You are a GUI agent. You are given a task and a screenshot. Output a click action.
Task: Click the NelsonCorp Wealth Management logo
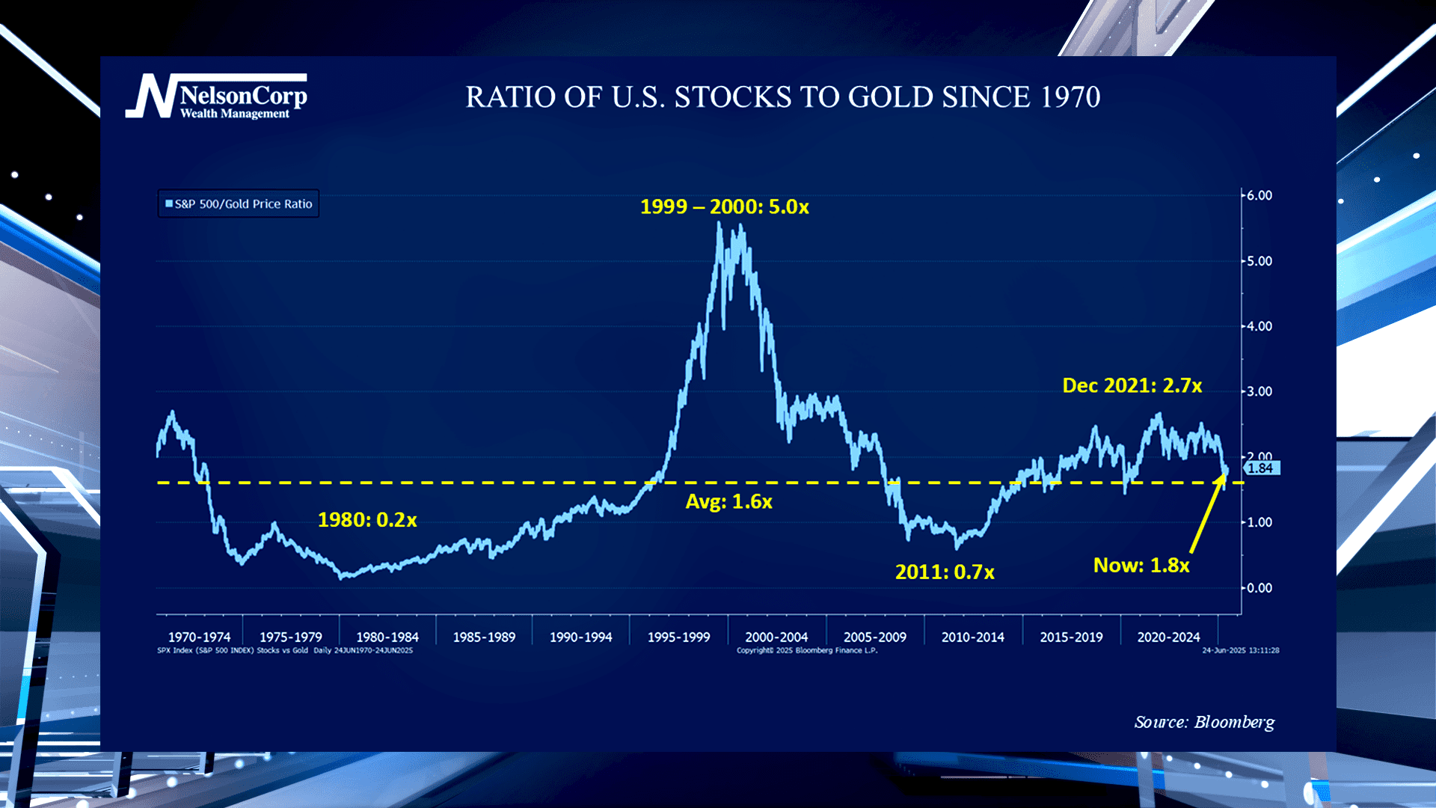pos(217,97)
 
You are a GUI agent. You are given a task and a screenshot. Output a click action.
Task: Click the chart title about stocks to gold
pos(782,97)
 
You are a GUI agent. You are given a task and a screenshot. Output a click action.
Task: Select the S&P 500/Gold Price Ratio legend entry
pos(239,203)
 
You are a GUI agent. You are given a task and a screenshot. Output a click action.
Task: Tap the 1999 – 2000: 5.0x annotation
pos(724,206)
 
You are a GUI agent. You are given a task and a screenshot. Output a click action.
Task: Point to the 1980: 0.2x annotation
pos(367,520)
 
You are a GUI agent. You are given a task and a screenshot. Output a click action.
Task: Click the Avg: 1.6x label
pos(728,501)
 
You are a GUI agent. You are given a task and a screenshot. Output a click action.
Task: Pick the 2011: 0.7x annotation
pos(945,572)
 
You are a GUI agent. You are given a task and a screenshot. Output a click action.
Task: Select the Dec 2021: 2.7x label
pos(1132,385)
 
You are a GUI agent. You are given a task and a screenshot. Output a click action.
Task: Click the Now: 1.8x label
pos(1141,566)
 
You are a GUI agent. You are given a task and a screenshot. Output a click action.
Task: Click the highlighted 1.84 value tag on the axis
pos(1261,468)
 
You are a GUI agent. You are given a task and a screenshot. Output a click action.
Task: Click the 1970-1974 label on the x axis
pos(199,637)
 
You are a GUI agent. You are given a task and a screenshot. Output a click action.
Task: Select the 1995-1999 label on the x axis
pos(678,637)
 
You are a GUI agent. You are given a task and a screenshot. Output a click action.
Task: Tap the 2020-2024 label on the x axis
pos(1168,637)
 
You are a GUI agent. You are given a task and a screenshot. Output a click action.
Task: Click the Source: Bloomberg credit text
pos(1204,722)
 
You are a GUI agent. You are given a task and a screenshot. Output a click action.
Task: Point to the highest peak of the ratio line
pos(719,224)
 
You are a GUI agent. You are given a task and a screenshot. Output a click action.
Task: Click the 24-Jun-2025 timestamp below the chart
pos(1240,651)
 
